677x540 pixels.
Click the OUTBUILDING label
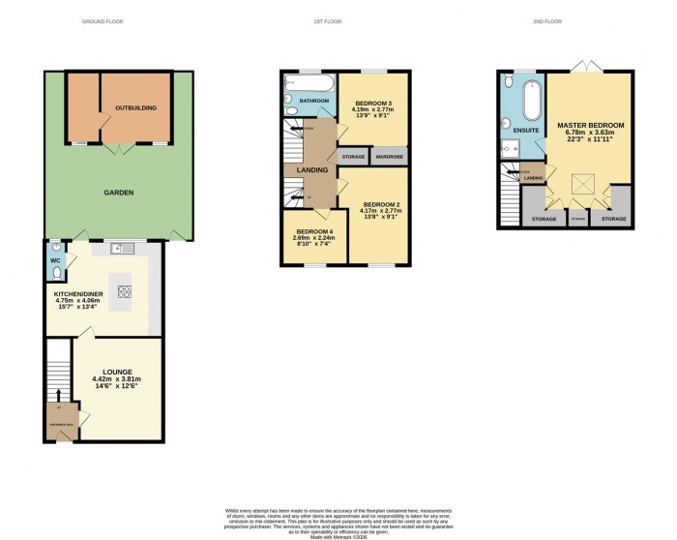click(x=135, y=108)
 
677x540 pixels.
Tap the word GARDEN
click(x=119, y=193)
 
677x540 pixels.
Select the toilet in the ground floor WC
click(x=55, y=259)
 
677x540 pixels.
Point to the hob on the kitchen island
click(x=123, y=289)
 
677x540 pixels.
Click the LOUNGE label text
click(x=111, y=371)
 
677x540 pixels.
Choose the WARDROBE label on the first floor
click(x=389, y=156)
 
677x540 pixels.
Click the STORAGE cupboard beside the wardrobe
click(x=352, y=156)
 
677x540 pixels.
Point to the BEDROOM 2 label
click(x=381, y=204)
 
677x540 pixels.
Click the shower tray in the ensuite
click(x=509, y=148)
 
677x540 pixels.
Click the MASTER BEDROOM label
click(x=590, y=126)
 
